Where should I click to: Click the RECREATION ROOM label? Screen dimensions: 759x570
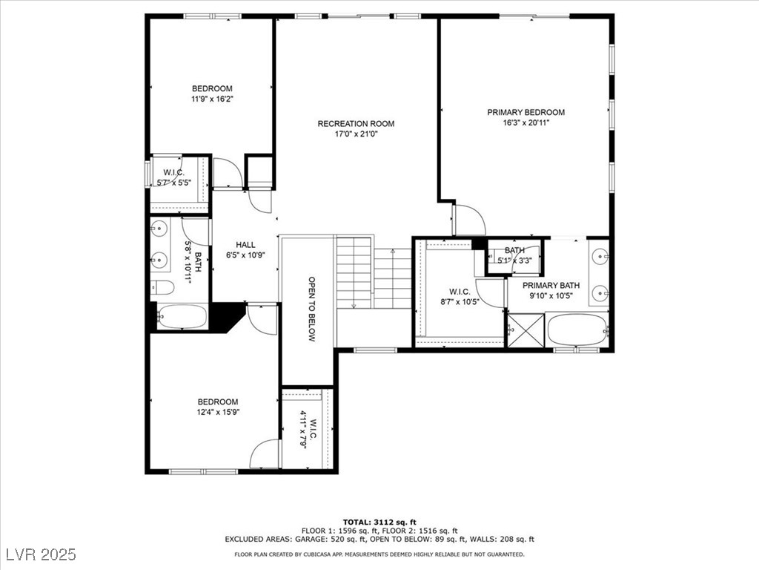point(356,124)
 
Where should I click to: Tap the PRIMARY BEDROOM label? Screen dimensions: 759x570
point(526,113)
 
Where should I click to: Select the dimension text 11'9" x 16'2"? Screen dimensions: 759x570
point(212,99)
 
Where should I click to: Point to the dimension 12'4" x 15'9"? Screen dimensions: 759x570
point(218,412)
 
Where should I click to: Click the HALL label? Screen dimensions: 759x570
point(245,245)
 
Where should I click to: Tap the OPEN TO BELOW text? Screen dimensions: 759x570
point(312,309)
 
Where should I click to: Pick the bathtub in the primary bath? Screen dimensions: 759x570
point(577,330)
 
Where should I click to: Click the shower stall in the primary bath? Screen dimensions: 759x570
point(526,330)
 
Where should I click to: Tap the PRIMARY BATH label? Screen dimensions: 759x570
point(551,286)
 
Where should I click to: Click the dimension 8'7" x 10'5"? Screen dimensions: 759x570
point(460,302)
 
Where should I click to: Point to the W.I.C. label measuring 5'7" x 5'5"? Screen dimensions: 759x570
point(173,172)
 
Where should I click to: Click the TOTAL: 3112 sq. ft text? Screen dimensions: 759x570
point(379,522)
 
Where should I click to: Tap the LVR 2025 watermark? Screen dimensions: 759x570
point(42,554)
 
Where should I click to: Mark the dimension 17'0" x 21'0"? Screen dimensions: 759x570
point(356,134)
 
